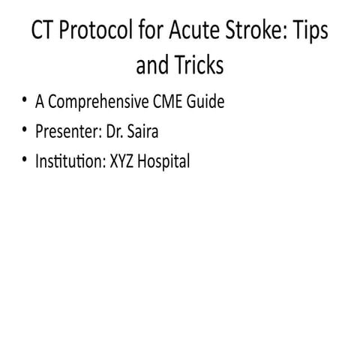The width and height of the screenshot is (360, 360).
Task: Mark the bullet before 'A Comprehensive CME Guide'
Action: (x=25, y=100)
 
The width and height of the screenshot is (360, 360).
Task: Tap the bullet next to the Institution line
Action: (x=25, y=159)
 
